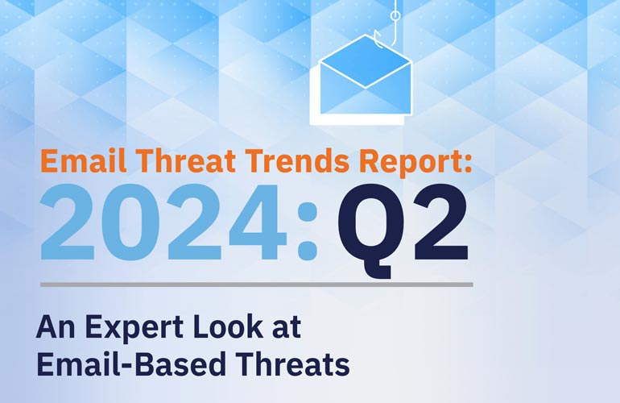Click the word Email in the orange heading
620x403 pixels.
click(x=84, y=160)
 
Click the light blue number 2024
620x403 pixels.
click(x=163, y=222)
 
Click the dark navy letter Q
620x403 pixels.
click(x=370, y=231)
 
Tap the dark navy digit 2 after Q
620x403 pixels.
click(x=441, y=222)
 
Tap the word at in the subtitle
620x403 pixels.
click(x=287, y=328)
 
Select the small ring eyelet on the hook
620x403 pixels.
click(x=395, y=15)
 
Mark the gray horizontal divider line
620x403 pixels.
click(x=257, y=285)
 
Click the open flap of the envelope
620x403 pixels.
click(x=366, y=60)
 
